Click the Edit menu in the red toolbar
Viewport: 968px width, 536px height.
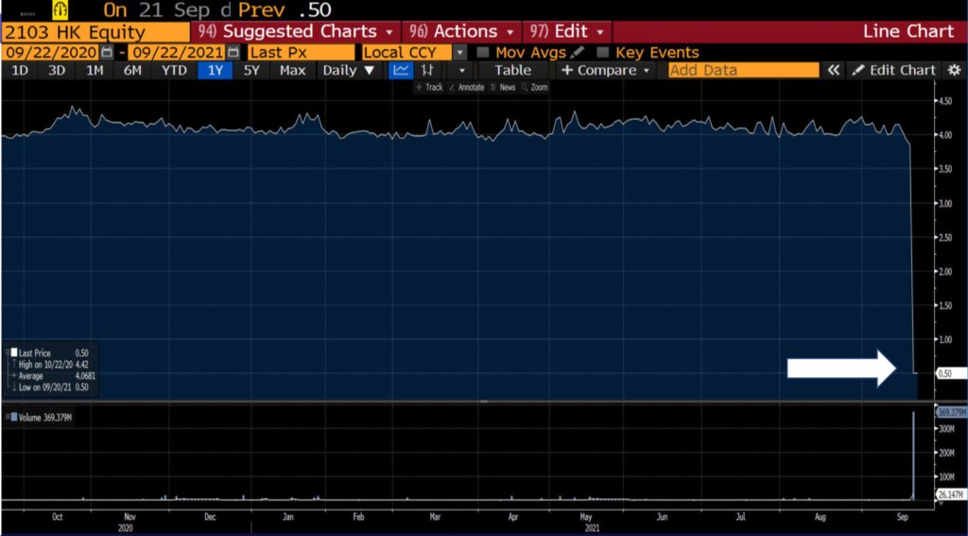[x=567, y=32]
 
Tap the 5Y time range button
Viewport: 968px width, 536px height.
[x=251, y=70]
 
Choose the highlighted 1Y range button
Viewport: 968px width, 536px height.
[x=215, y=70]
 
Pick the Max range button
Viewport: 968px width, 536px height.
[x=293, y=70]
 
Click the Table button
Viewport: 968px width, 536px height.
[x=512, y=70]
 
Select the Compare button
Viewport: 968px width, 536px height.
[x=606, y=70]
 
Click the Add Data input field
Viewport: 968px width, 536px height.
[x=743, y=70]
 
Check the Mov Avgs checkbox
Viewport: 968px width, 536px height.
[x=484, y=53]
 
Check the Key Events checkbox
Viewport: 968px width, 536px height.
[x=603, y=53]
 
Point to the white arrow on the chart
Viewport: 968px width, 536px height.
[x=841, y=368]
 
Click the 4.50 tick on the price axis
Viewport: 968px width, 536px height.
[x=945, y=101]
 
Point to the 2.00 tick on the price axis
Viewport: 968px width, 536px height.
[x=945, y=271]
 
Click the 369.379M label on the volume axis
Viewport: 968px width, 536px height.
[x=948, y=413]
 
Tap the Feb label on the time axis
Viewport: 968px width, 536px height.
[x=358, y=518]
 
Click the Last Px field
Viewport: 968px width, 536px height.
[x=301, y=53]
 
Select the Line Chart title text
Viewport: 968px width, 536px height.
[x=907, y=32]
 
